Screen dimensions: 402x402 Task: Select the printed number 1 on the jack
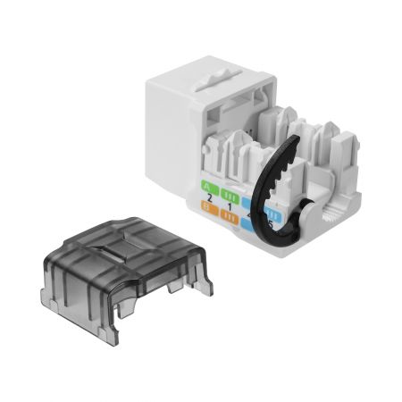coord(230,207)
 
